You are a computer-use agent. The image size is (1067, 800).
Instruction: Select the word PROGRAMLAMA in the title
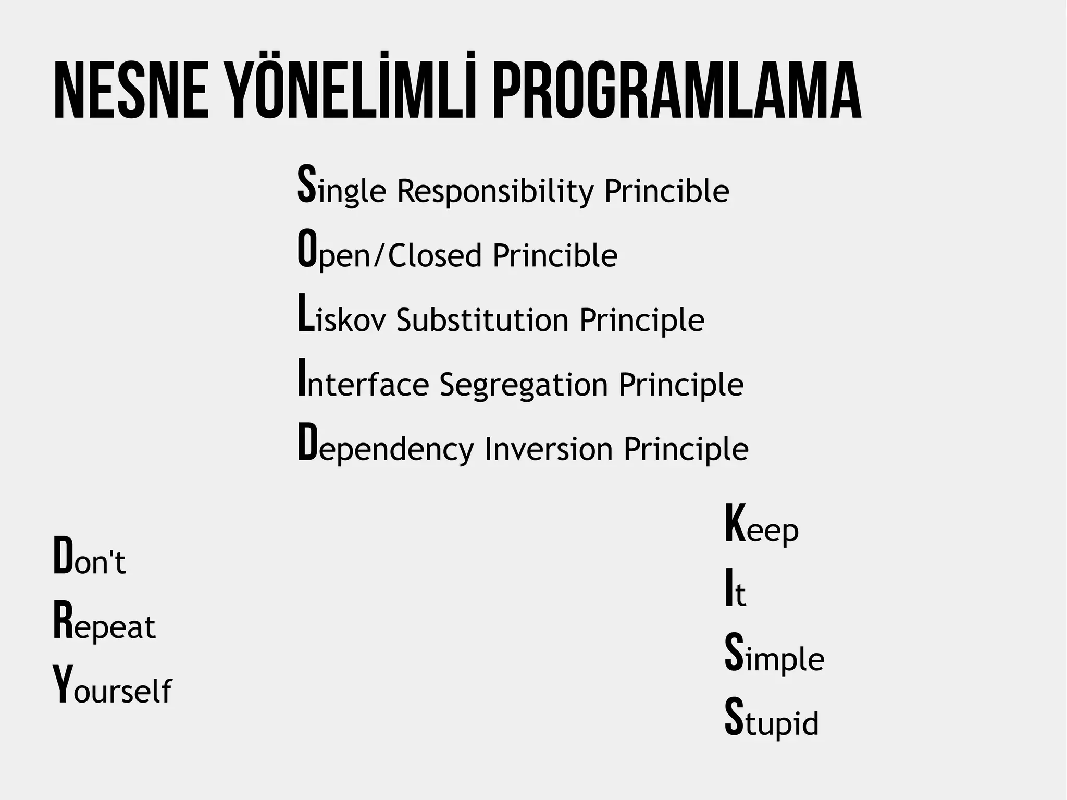click(x=676, y=91)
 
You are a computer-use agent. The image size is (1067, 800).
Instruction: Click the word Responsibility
click(x=495, y=191)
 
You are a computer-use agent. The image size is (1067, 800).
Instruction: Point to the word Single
click(x=341, y=188)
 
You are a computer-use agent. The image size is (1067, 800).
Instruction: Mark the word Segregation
click(x=524, y=385)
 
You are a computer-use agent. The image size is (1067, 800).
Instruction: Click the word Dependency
click(x=386, y=447)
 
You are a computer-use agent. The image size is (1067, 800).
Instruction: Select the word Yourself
click(x=112, y=688)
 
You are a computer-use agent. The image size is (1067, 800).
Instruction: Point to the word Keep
click(x=761, y=526)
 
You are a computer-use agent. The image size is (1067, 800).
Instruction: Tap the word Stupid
click(x=772, y=720)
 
